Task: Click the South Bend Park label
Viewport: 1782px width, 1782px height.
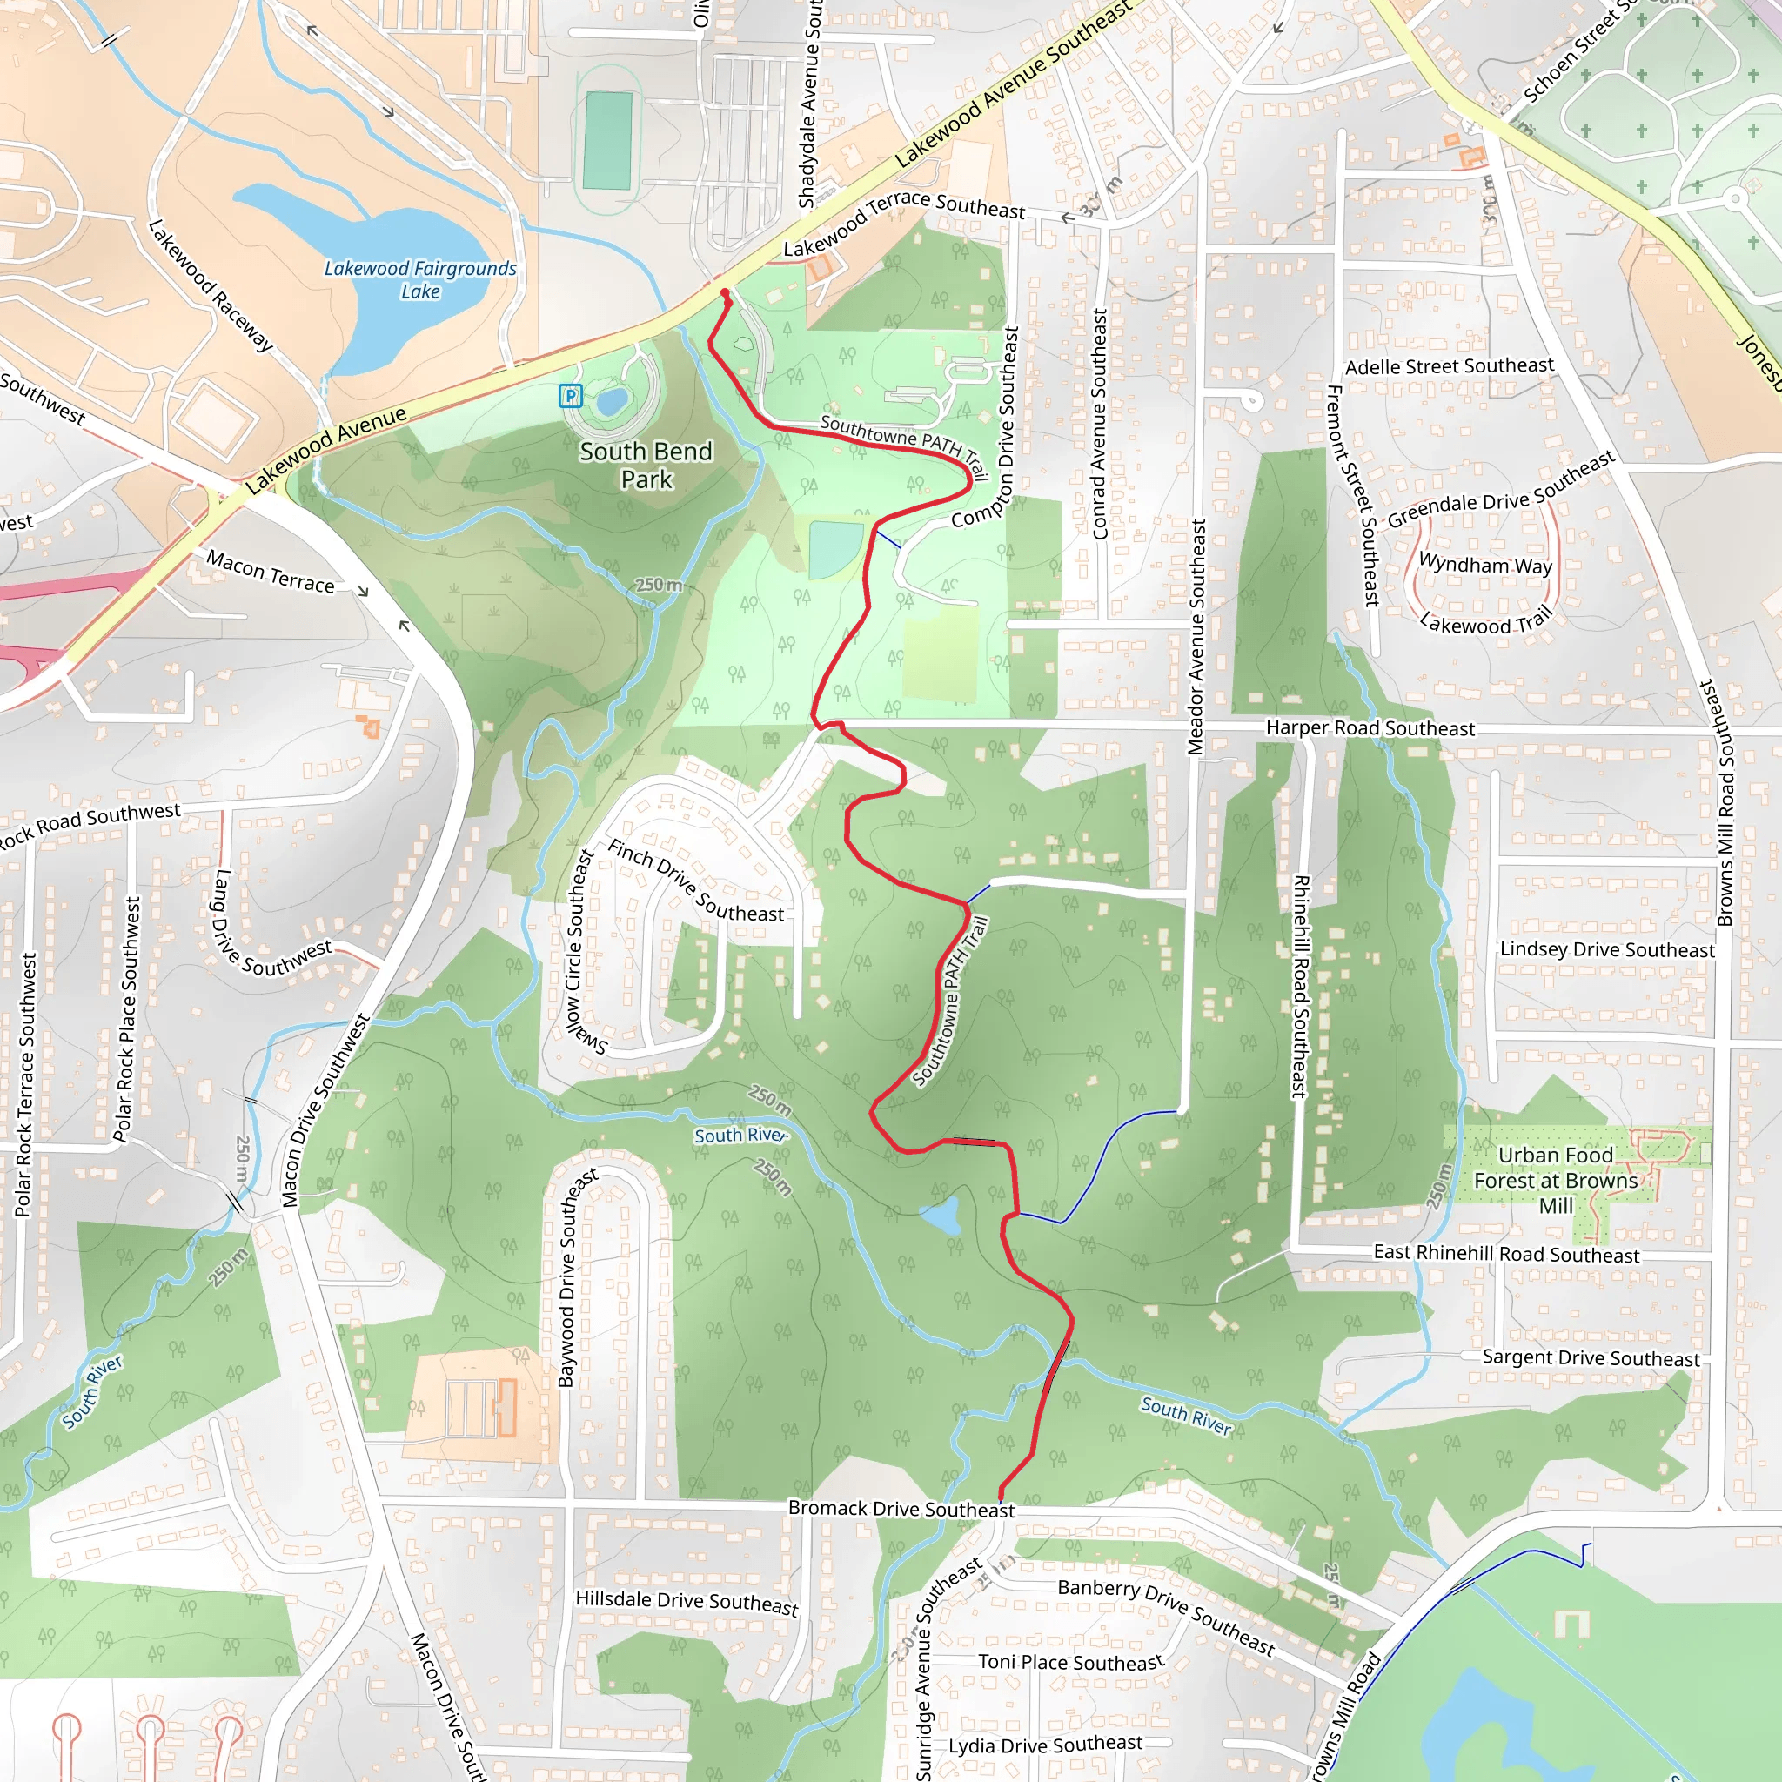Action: coord(646,465)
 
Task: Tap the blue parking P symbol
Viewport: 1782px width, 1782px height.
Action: coord(571,397)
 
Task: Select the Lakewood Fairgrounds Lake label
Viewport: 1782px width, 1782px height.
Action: coord(419,279)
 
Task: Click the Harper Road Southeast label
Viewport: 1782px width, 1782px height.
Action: coord(1370,727)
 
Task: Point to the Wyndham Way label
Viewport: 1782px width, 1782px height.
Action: coord(1485,564)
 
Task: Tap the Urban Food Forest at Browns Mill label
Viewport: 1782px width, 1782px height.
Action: coord(1555,1180)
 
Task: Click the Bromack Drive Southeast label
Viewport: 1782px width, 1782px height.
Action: coord(901,1509)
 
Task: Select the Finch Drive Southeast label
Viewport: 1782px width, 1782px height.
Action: coord(695,881)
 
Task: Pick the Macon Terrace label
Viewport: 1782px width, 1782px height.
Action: coord(270,572)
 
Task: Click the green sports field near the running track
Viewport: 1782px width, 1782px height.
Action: coord(608,140)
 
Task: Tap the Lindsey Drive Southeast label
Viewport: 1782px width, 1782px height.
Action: coord(1607,949)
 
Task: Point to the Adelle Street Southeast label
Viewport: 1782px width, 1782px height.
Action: coord(1449,366)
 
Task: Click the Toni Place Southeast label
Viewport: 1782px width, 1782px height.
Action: coord(1070,1661)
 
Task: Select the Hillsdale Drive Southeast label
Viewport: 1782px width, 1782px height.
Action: coord(687,1602)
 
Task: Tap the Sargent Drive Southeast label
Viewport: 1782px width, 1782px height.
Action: coord(1591,1357)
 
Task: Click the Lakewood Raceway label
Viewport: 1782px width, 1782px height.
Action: coord(211,285)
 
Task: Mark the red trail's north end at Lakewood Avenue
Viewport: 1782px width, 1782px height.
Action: coord(724,293)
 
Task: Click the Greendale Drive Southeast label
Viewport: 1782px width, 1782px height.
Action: coord(1501,489)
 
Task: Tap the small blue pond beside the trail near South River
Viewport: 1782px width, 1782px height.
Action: coord(941,1216)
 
